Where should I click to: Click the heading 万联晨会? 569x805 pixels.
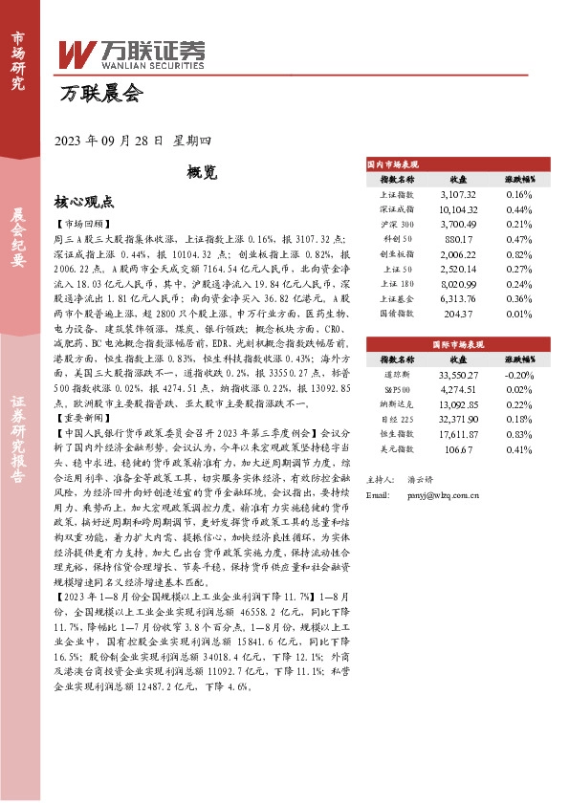(99, 95)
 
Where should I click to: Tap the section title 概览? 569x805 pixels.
(202, 173)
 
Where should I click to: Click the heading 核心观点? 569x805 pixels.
(84, 203)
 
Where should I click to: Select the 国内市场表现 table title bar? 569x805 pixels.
(456, 164)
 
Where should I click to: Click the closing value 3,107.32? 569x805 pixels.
(458, 193)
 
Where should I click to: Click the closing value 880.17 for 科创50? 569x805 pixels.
(459, 239)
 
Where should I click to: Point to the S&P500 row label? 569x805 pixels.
(397, 391)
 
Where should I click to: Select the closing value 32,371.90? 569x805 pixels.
(458, 420)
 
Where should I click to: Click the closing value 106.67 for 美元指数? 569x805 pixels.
(459, 449)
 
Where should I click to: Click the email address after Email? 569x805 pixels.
(442, 494)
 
